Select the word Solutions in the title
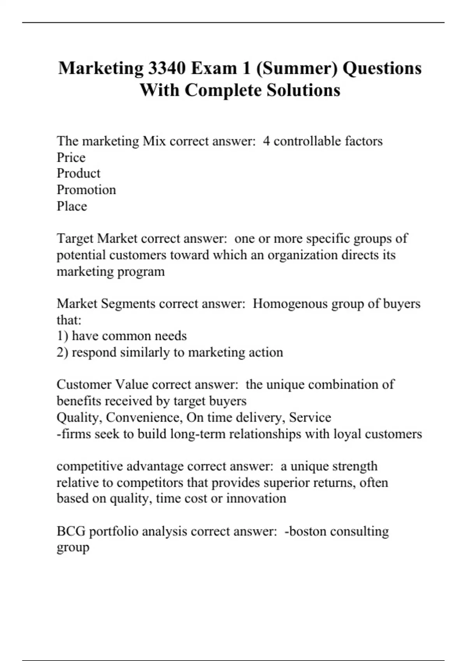pos(303,90)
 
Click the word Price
pos(71,157)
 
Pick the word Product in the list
pos(78,173)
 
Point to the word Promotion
pos(86,190)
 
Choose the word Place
pos(72,206)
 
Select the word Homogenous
pos(290,303)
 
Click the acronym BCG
pos(71,531)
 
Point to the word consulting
pos(359,532)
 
